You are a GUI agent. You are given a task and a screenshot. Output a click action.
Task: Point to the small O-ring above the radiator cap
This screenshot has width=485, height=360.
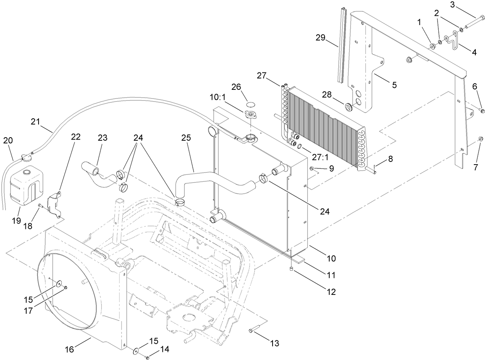251,104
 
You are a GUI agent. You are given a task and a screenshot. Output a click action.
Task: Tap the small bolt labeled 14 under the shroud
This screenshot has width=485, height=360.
147,358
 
